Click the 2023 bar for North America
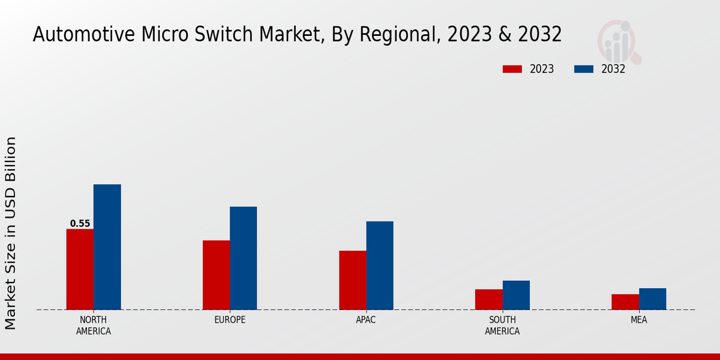click(x=80, y=269)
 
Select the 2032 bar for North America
click(x=107, y=247)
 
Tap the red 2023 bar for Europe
click(x=216, y=275)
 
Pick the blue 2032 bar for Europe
click(x=243, y=258)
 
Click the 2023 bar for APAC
click(x=352, y=280)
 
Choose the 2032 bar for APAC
click(x=380, y=265)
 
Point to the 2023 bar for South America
click(x=488, y=299)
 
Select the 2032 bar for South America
click(x=516, y=295)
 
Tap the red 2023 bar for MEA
click(x=625, y=302)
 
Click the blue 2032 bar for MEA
click(x=652, y=299)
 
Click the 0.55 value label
click(x=80, y=224)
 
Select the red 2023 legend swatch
click(x=512, y=69)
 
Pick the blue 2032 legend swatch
click(x=584, y=69)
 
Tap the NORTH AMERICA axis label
click(x=94, y=325)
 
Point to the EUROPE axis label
click(x=230, y=320)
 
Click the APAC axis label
click(x=366, y=320)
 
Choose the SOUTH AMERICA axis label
click(x=502, y=325)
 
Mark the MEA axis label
click(x=638, y=320)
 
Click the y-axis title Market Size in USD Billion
click(x=11, y=233)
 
